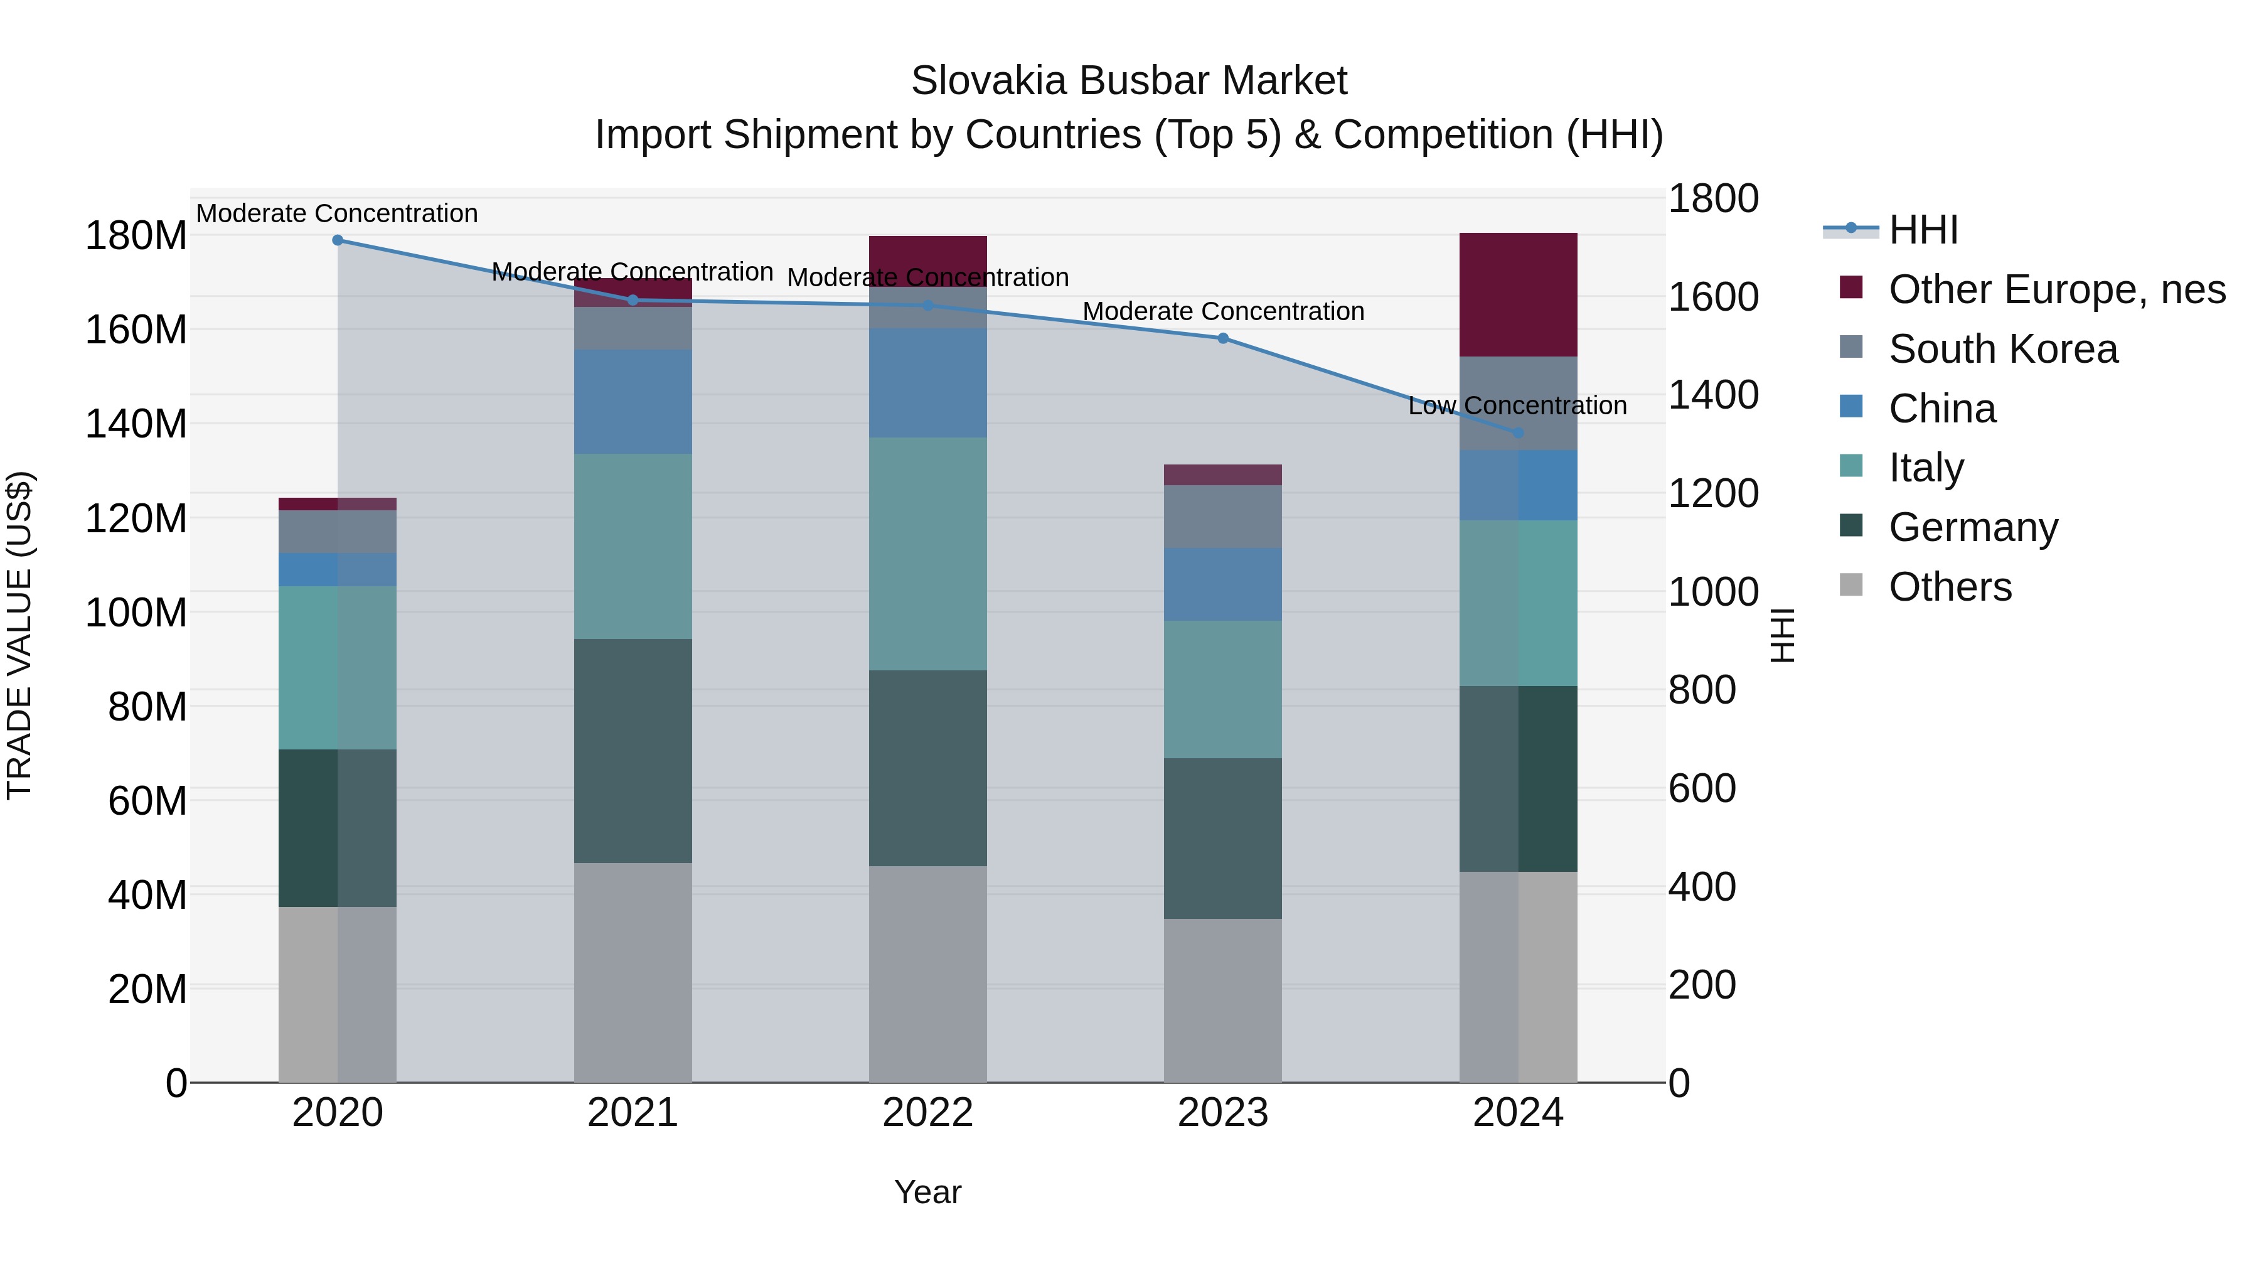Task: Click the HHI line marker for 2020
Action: click(x=338, y=240)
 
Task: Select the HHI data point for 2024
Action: click(x=1518, y=432)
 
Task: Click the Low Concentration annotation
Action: click(x=1517, y=406)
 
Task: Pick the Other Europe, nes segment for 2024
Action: click(x=1518, y=295)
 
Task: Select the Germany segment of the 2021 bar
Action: click(x=633, y=751)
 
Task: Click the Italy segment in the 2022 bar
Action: click(x=928, y=554)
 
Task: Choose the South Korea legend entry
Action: click(x=2002, y=349)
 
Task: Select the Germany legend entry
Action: click(x=1972, y=527)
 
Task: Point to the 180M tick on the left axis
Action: click(x=136, y=236)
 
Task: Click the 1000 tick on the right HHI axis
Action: click(x=1712, y=592)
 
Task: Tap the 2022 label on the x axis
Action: click(x=928, y=1113)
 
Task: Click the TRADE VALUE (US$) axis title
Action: click(x=20, y=635)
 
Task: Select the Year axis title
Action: click(x=928, y=1192)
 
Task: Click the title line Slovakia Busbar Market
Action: click(x=1129, y=81)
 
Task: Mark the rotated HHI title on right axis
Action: click(x=1783, y=635)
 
